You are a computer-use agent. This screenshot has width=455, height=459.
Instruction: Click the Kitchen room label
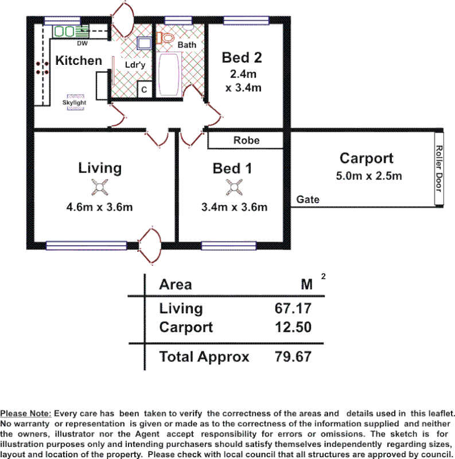[x=79, y=60]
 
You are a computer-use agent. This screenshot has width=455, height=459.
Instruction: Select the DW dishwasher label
[x=81, y=42]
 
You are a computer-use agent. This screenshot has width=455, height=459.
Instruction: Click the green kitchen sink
[x=65, y=31]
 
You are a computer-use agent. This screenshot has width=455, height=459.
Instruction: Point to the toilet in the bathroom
[x=166, y=38]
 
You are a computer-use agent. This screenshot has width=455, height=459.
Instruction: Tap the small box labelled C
[x=145, y=90]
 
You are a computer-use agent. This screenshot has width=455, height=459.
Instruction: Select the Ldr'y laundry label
[x=135, y=65]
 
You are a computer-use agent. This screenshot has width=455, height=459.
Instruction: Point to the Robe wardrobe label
[x=246, y=140]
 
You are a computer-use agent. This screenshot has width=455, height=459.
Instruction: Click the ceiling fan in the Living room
[x=100, y=186]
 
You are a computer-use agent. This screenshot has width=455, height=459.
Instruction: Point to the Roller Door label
[x=439, y=169]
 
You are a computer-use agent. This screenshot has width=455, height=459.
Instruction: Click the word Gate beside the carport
[x=308, y=200]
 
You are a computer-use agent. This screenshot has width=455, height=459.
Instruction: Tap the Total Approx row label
[x=204, y=357]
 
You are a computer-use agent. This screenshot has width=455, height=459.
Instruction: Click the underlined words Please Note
[x=26, y=414]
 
